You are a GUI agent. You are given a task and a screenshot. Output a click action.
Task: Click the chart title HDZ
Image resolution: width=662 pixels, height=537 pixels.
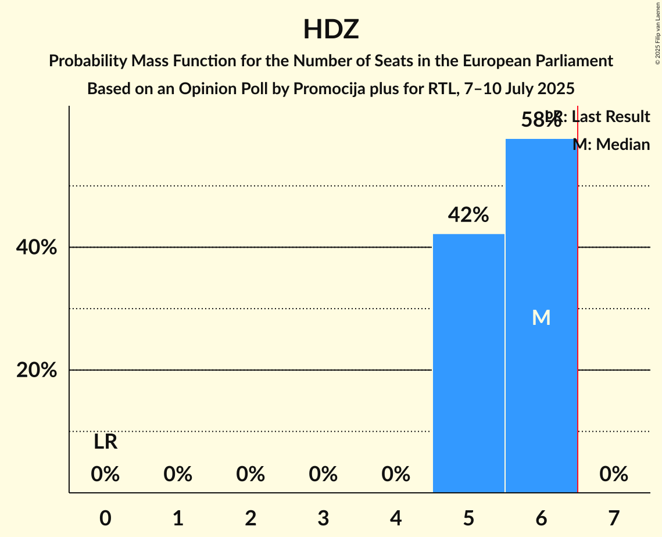(331, 29)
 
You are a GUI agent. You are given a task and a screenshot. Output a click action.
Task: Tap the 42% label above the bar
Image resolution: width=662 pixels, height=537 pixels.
(468, 215)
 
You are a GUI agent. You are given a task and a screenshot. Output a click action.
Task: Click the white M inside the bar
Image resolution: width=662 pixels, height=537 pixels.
(541, 317)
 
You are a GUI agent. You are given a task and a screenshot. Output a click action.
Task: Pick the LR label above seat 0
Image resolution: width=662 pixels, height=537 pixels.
(105, 442)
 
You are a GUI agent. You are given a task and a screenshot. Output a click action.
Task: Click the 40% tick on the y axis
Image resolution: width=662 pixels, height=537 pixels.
(36, 248)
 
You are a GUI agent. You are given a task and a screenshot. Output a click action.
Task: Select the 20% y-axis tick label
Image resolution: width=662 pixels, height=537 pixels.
(36, 370)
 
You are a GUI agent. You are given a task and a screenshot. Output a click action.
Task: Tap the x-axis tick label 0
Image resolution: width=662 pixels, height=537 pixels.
(105, 518)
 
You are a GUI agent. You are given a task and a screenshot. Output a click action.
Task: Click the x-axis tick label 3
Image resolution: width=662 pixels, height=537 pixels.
(323, 518)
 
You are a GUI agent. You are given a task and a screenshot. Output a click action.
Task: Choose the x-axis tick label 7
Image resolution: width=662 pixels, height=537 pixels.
(614, 518)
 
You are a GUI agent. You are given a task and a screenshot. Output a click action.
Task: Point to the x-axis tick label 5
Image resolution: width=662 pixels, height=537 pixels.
(468, 518)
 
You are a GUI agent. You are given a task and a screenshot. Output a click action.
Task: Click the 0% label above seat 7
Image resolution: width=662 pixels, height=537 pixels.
(614, 474)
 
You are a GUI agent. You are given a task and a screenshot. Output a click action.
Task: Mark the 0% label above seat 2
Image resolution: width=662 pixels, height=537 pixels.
(251, 474)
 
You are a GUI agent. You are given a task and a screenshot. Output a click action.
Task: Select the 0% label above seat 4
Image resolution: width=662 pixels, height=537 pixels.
(396, 474)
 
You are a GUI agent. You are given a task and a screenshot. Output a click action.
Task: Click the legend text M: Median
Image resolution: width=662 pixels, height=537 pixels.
(611, 144)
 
